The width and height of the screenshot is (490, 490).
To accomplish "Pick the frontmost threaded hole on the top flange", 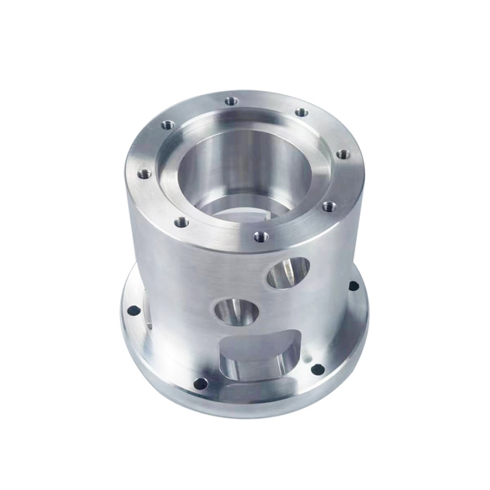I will pos(260,237).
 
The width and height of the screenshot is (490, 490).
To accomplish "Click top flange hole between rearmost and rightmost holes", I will pos(302,113).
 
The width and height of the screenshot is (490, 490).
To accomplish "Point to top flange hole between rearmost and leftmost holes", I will pos(168,125).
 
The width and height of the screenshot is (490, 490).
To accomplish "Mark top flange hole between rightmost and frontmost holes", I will pos(328,206).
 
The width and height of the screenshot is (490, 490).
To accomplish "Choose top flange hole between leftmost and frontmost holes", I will pos(181,223).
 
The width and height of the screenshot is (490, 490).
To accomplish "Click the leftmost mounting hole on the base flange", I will pos(133,311).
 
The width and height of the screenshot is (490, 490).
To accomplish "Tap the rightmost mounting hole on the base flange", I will pos(353,286).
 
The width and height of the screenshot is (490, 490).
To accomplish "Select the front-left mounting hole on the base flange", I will pos(200,383).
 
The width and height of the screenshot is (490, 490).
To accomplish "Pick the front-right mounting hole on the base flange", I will pos(317,369).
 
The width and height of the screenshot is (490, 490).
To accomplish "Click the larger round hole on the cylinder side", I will pos(288,273).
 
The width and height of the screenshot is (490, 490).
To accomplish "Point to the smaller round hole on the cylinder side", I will pos(236,312).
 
